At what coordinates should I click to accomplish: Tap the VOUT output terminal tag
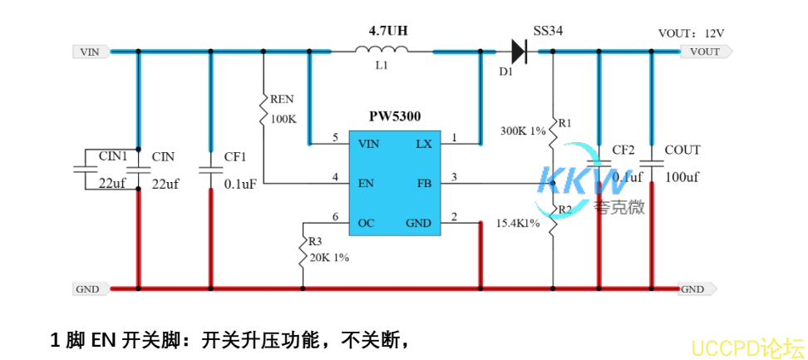tap(706, 52)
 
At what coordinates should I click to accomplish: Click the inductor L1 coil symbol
tap(382, 52)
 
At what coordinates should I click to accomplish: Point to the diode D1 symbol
tap(519, 52)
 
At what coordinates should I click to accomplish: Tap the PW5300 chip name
tap(395, 116)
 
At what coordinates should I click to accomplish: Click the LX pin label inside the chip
tap(423, 144)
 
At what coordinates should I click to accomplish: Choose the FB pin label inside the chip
tap(424, 183)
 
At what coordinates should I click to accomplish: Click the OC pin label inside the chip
tap(366, 223)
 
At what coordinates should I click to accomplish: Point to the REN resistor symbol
tap(264, 111)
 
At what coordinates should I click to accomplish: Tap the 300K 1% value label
tap(522, 131)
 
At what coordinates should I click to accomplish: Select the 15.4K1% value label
tap(518, 224)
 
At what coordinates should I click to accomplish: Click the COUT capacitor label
tap(682, 150)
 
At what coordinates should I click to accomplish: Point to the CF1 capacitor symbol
tap(210, 170)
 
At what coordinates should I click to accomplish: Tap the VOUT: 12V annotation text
tap(691, 33)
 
